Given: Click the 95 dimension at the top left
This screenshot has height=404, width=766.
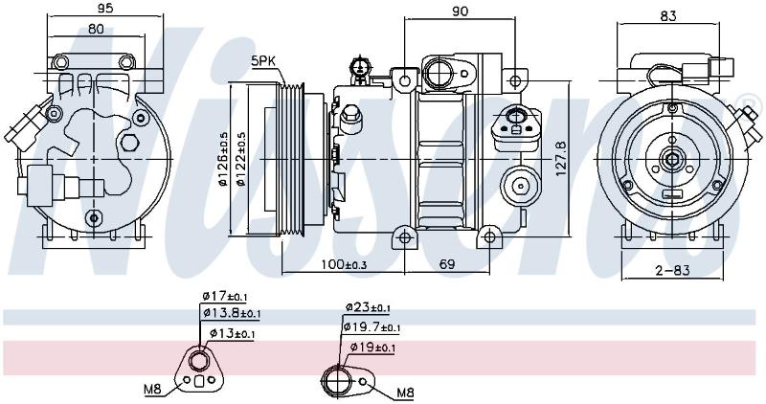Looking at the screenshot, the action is click(x=105, y=8).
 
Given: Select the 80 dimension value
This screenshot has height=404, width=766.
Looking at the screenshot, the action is click(x=97, y=29).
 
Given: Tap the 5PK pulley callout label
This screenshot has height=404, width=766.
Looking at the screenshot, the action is click(x=264, y=61).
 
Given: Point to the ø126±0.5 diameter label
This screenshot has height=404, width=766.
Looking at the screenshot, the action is click(x=224, y=159).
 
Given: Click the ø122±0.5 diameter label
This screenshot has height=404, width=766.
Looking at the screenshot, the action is click(x=240, y=159).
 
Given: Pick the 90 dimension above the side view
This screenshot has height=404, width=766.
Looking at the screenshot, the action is click(x=460, y=11).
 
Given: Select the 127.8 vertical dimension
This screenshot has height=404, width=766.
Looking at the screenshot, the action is click(x=561, y=159).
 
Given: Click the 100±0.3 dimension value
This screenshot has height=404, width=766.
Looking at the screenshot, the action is click(x=344, y=265).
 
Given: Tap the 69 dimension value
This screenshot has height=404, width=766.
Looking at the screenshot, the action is click(x=446, y=264).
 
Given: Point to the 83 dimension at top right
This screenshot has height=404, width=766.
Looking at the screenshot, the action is click(x=667, y=16).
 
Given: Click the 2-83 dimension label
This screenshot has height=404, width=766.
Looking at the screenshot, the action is click(x=673, y=270).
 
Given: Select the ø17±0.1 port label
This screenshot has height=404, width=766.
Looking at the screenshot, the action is click(x=225, y=296).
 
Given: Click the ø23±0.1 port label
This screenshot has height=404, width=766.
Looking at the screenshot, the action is click(x=368, y=307).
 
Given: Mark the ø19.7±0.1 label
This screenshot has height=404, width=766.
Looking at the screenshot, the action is click(x=372, y=327).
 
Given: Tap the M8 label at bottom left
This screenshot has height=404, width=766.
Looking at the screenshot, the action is click(x=152, y=390).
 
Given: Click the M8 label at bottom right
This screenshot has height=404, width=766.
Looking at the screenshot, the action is click(x=405, y=392).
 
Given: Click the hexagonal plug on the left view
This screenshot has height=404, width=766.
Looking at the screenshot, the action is click(x=130, y=143).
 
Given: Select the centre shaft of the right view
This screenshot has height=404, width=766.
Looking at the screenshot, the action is click(x=673, y=159).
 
